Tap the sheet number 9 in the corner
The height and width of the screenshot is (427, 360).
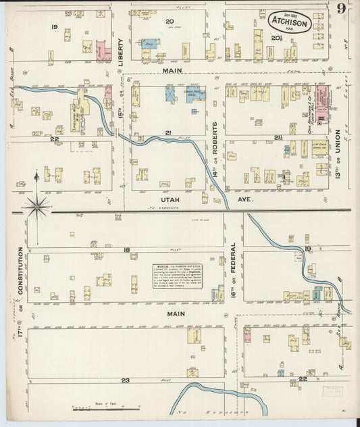tap(342, 9)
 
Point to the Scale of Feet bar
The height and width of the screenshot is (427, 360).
tap(106, 408)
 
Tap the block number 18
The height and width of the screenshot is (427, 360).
tap(126, 250)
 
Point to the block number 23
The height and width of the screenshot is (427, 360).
tap(125, 380)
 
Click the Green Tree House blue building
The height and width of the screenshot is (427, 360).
tap(196, 94)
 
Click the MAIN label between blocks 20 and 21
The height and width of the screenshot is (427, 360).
tap(168, 70)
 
